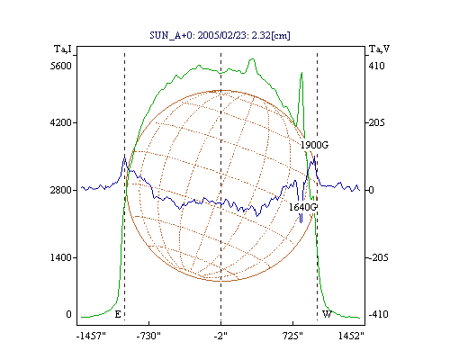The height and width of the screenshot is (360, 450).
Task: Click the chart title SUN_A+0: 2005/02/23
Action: pos(199,35)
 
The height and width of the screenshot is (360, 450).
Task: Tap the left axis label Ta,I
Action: pos(63,49)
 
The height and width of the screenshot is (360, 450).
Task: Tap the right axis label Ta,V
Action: pos(379,49)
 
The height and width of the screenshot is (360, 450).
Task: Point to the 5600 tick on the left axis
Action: pos(61,66)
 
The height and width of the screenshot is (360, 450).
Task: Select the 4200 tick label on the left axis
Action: pos(61,122)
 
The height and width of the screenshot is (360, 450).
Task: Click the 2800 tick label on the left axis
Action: pos(61,190)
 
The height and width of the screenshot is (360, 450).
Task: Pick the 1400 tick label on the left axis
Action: pos(61,257)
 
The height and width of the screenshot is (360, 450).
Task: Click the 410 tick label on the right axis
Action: pos(376,66)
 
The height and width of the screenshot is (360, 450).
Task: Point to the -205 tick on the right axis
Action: pos(378,257)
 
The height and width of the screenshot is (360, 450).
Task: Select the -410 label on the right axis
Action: pos(378,314)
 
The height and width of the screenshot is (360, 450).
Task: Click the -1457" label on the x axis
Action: pos(91,336)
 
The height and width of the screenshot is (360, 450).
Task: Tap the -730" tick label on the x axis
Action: pos(148,336)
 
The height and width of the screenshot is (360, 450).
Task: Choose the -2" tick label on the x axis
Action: pos(220,336)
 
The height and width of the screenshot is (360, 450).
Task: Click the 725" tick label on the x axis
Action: pos(293,336)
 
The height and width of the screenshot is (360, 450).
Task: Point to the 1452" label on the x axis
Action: pos(351,336)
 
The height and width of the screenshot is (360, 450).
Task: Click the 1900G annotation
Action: pos(314,145)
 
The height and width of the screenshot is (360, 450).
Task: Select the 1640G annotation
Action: pos(302,207)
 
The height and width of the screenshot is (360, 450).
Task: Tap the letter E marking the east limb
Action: pos(118,314)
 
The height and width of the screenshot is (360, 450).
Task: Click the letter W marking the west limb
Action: pos(327,314)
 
